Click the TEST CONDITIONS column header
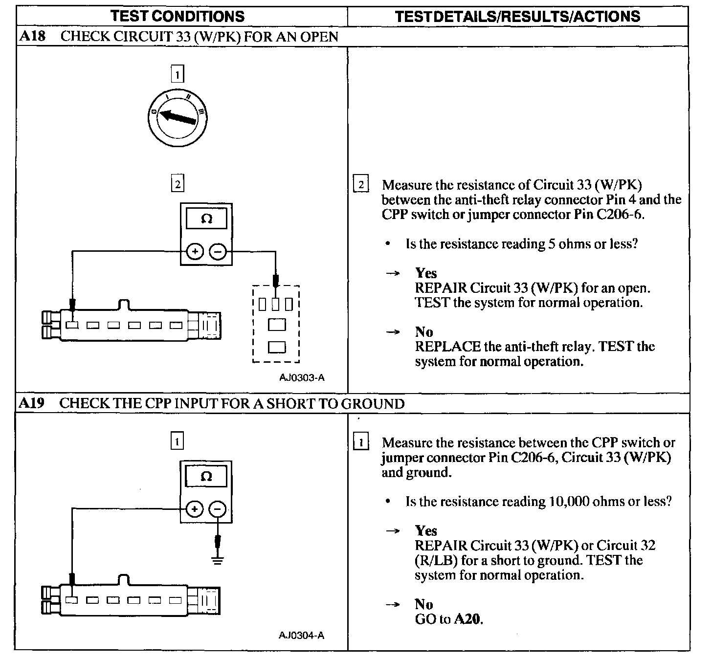(178, 16)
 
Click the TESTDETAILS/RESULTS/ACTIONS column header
(517, 16)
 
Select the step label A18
(32, 37)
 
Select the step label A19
(32, 403)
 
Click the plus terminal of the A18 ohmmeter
(195, 252)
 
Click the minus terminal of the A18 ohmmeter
(218, 252)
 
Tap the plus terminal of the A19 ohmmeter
(195, 509)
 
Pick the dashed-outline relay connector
(276, 324)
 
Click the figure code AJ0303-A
(302, 377)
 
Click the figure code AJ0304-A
(301, 636)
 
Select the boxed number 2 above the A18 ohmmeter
(177, 184)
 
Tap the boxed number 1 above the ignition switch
(177, 75)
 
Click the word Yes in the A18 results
(426, 273)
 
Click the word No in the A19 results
(424, 604)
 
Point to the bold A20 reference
(468, 619)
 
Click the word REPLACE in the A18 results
(447, 347)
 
